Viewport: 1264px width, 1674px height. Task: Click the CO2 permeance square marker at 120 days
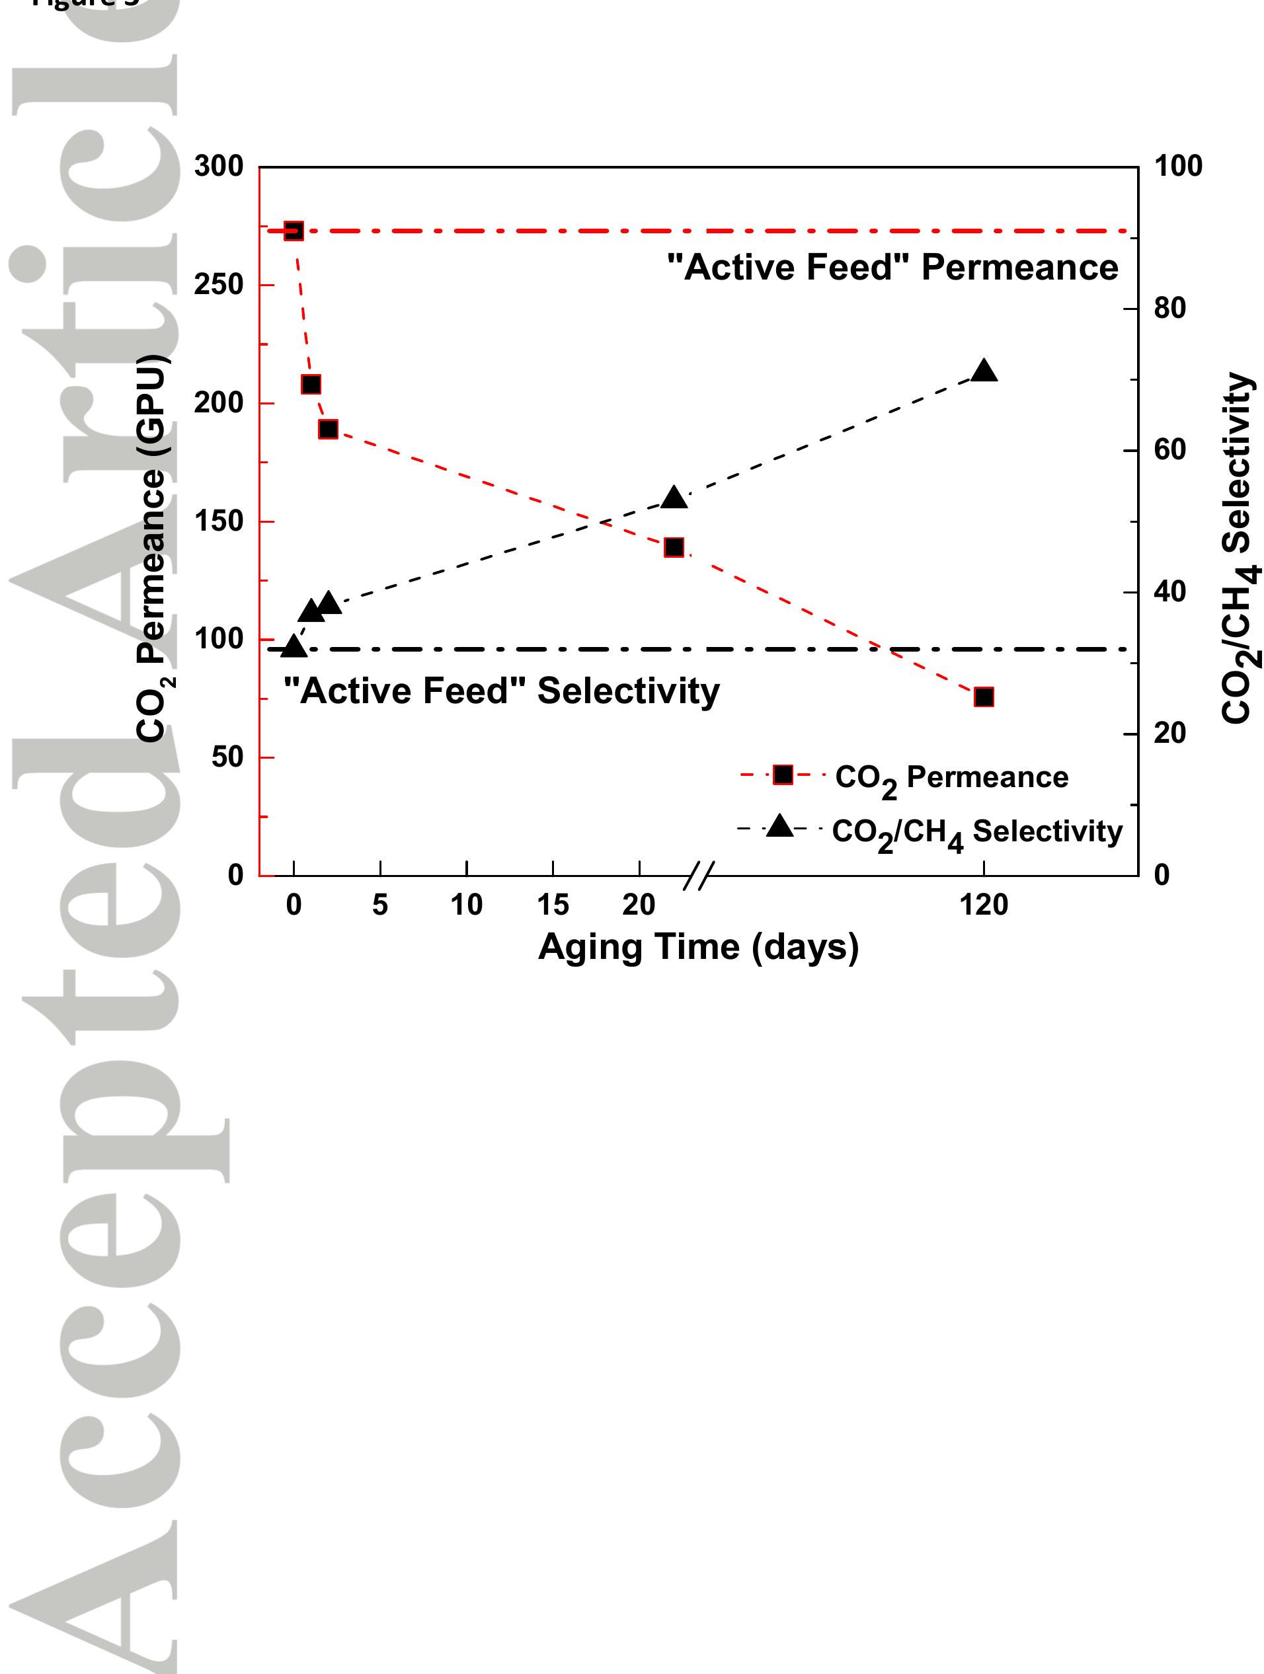(983, 697)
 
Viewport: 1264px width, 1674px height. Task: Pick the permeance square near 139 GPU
(674, 547)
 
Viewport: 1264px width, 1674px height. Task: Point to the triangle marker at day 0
(294, 647)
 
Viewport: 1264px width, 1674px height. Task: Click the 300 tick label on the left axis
(219, 167)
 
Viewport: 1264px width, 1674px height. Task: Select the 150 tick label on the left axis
(219, 521)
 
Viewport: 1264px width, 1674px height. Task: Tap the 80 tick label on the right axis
(1169, 308)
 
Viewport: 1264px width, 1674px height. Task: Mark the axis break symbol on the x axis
(698, 876)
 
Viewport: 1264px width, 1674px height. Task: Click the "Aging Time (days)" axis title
(698, 948)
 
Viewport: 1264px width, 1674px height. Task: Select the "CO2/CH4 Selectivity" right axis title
(1240, 548)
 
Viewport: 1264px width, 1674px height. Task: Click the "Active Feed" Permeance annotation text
(892, 268)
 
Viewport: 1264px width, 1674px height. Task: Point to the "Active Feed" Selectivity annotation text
(501, 691)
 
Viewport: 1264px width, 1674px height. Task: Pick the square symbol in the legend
(783, 774)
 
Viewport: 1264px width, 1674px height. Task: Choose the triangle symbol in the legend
(779, 826)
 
